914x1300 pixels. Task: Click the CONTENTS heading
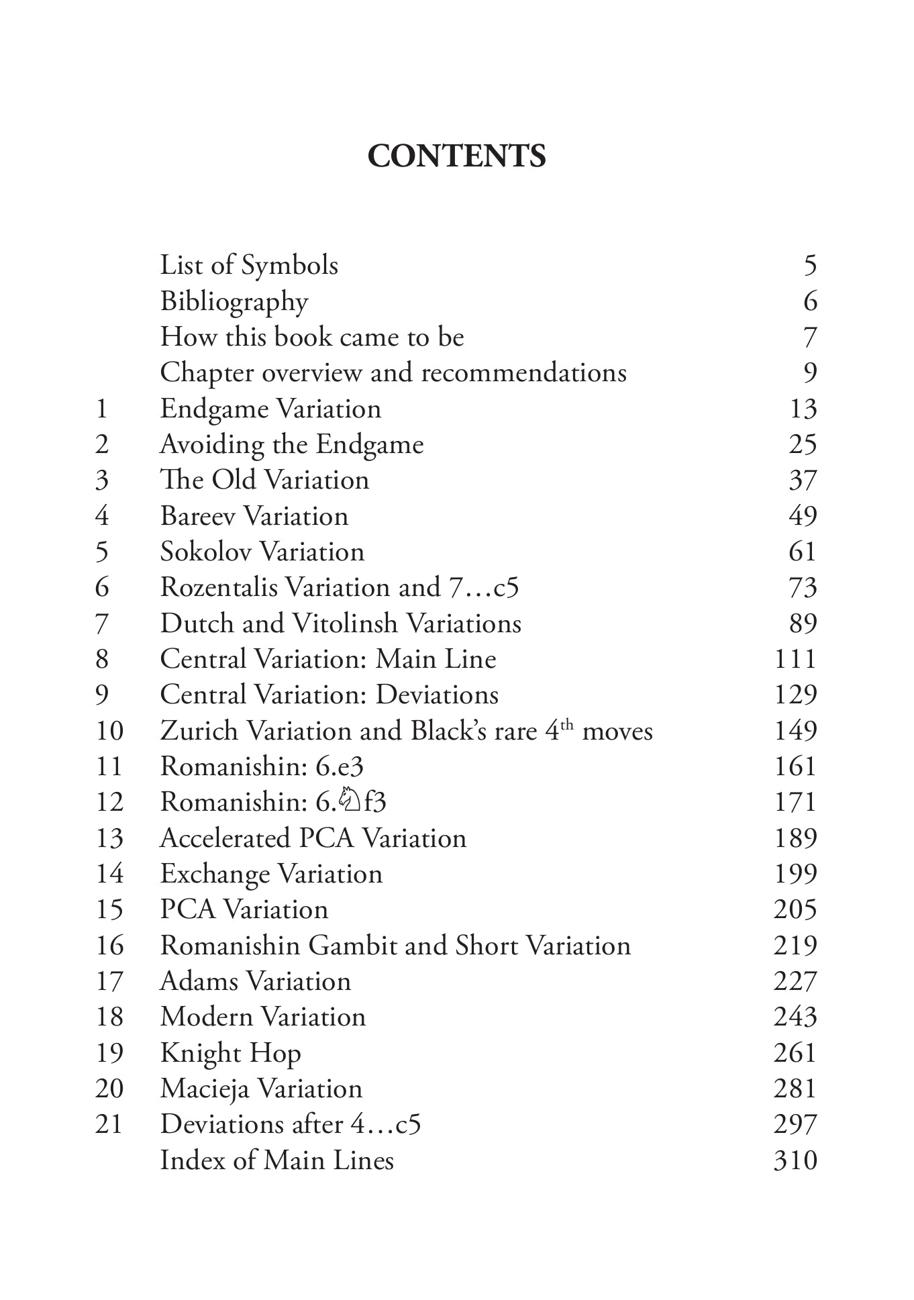click(x=456, y=156)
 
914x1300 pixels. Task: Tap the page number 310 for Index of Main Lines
click(x=795, y=1160)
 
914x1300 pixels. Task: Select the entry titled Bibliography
click(x=234, y=302)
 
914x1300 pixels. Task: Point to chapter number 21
click(x=109, y=1124)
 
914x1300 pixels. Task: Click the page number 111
click(x=795, y=659)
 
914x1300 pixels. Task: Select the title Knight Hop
click(x=230, y=1053)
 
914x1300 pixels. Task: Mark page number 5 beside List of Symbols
click(x=810, y=266)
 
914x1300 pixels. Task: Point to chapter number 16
click(x=109, y=946)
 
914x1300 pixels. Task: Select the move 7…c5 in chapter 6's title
click(x=484, y=588)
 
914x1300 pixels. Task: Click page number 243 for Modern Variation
click(x=795, y=1017)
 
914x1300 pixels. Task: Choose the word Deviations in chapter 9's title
click(x=437, y=695)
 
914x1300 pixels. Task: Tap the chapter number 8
click(x=102, y=659)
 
